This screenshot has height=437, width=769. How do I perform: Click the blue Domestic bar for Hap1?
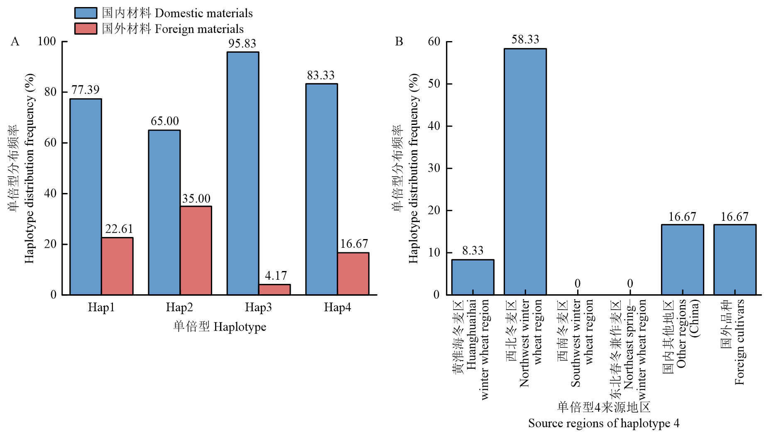[86, 197]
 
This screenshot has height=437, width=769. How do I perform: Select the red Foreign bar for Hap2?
[196, 250]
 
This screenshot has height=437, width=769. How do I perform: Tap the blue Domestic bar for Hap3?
[243, 173]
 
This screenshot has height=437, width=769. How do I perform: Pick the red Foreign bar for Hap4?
[353, 273]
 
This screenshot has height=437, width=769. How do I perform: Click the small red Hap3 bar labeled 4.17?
[274, 290]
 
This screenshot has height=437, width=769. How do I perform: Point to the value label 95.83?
[242, 44]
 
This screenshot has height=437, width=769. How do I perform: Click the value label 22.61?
[119, 229]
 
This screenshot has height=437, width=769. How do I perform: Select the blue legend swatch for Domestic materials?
[86, 13]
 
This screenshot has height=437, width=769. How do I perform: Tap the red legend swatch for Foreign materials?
[86, 29]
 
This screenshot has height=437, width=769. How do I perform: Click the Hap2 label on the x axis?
[179, 307]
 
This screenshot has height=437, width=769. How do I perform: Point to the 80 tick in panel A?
[50, 92]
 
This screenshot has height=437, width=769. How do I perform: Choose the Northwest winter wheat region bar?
[525, 171]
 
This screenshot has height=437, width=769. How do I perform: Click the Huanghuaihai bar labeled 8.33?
[473, 277]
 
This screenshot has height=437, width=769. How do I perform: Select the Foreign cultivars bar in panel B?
[735, 259]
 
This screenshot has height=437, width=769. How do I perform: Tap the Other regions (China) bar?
[682, 259]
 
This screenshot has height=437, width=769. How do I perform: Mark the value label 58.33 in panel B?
[525, 39]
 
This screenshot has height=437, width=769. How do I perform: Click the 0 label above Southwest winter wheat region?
[578, 284]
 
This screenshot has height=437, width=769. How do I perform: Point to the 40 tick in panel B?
[434, 126]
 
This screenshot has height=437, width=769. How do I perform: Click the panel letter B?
[399, 42]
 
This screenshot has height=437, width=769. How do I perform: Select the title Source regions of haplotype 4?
[603, 423]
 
